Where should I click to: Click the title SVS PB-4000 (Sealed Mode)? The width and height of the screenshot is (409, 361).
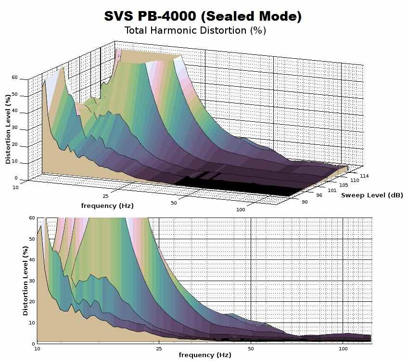pyautogui.click(x=203, y=16)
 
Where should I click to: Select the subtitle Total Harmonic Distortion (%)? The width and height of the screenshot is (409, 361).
pyautogui.click(x=195, y=30)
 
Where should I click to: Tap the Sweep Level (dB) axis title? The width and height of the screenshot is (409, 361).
pyautogui.click(x=372, y=195)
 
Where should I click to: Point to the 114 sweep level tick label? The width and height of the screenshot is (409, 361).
pyautogui.click(x=364, y=176)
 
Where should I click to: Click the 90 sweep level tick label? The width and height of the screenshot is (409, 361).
pyautogui.click(x=305, y=202)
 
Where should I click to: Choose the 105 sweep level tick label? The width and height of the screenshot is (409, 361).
pyautogui.click(x=344, y=185)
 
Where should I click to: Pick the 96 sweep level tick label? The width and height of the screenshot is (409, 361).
pyautogui.click(x=319, y=195)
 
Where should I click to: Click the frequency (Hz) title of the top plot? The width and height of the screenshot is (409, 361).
pyautogui.click(x=107, y=206)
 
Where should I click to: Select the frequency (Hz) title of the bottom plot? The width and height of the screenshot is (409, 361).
pyautogui.click(x=205, y=355)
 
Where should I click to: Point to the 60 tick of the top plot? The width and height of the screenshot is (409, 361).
pyautogui.click(x=14, y=77)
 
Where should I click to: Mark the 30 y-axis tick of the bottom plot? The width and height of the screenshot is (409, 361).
pyautogui.click(x=32, y=281)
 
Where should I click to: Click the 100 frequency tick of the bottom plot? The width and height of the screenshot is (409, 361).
pyautogui.click(x=343, y=348)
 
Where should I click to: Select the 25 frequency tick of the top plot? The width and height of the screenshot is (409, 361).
pyautogui.click(x=105, y=196)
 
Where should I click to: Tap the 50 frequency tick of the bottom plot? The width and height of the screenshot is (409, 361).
pyautogui.click(x=251, y=348)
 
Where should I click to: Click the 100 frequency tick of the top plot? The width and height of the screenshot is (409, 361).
pyautogui.click(x=241, y=209)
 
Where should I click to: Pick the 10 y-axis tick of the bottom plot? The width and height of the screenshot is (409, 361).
pyautogui.click(x=32, y=322)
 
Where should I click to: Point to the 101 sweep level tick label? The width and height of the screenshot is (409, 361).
pyautogui.click(x=332, y=190)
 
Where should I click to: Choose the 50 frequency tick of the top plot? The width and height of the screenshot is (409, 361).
pyautogui.click(x=174, y=203)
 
